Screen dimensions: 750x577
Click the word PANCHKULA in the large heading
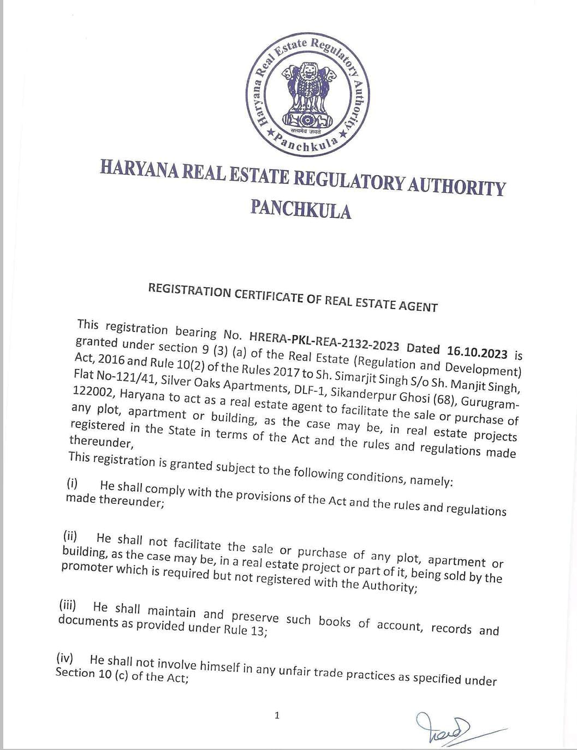point(301,209)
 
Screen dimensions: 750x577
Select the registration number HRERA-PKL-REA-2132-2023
point(323,344)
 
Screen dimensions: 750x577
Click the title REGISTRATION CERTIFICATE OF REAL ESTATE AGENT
point(293,297)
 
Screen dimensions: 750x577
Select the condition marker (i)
point(73,483)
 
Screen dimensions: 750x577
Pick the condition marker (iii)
point(67,605)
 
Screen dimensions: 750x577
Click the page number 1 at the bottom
point(277,715)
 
